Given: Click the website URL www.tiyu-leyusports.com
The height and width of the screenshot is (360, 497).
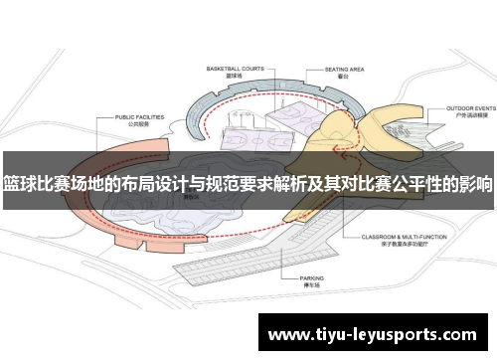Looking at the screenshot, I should (375, 331).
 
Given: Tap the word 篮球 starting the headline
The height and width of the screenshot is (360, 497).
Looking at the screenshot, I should (19, 182).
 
